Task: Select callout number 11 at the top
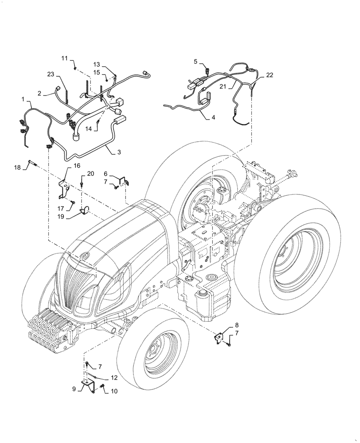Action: point(65,58)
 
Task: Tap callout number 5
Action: point(195,62)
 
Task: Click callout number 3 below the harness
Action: point(119,152)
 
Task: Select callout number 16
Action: point(77,165)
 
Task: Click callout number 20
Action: point(91,173)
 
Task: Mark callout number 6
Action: point(106,174)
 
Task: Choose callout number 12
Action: point(114,378)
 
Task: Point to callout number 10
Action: point(115,391)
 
